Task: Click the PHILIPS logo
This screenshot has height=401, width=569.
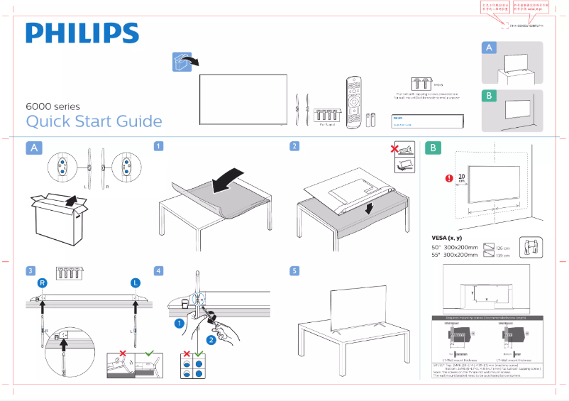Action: (x=82, y=33)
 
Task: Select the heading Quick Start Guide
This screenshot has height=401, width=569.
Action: (x=94, y=121)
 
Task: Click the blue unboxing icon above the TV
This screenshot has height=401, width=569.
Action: (x=182, y=62)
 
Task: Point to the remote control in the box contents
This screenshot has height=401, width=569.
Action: (x=353, y=101)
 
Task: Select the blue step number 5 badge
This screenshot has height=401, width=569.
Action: (x=294, y=271)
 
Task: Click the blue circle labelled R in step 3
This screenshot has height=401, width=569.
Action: (x=43, y=282)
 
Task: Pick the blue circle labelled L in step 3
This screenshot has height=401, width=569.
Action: (x=135, y=282)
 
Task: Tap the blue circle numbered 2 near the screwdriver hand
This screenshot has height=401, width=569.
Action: (x=210, y=340)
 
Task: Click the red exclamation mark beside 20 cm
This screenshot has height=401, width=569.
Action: (x=448, y=179)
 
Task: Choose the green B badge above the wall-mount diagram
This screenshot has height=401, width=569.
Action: (x=433, y=148)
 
